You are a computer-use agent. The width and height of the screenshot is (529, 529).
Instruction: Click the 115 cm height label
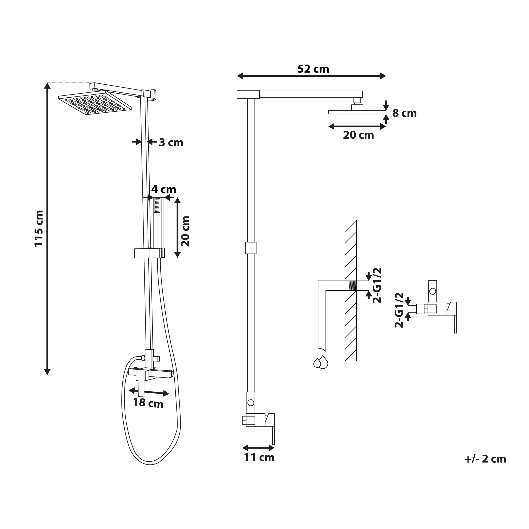39,228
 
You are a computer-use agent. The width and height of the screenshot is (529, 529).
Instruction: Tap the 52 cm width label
313,69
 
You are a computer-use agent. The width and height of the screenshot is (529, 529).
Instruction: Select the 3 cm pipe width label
171,142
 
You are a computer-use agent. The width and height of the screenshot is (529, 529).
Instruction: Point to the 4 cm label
163,189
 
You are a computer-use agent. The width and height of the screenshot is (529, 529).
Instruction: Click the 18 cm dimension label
148,403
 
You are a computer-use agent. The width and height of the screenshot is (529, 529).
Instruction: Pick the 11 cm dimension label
259,457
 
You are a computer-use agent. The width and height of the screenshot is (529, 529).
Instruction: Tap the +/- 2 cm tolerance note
485,459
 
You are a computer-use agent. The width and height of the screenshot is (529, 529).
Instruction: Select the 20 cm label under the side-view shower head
358,135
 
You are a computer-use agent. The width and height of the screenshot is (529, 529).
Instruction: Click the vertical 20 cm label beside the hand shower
185,231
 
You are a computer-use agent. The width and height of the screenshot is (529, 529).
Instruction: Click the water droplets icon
321,362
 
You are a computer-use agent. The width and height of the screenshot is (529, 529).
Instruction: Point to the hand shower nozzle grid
157,205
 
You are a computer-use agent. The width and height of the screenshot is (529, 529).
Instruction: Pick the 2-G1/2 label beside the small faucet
399,310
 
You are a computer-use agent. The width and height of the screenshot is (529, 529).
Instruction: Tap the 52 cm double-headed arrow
311,76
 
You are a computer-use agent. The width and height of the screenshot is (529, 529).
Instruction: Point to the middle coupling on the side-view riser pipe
251,248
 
